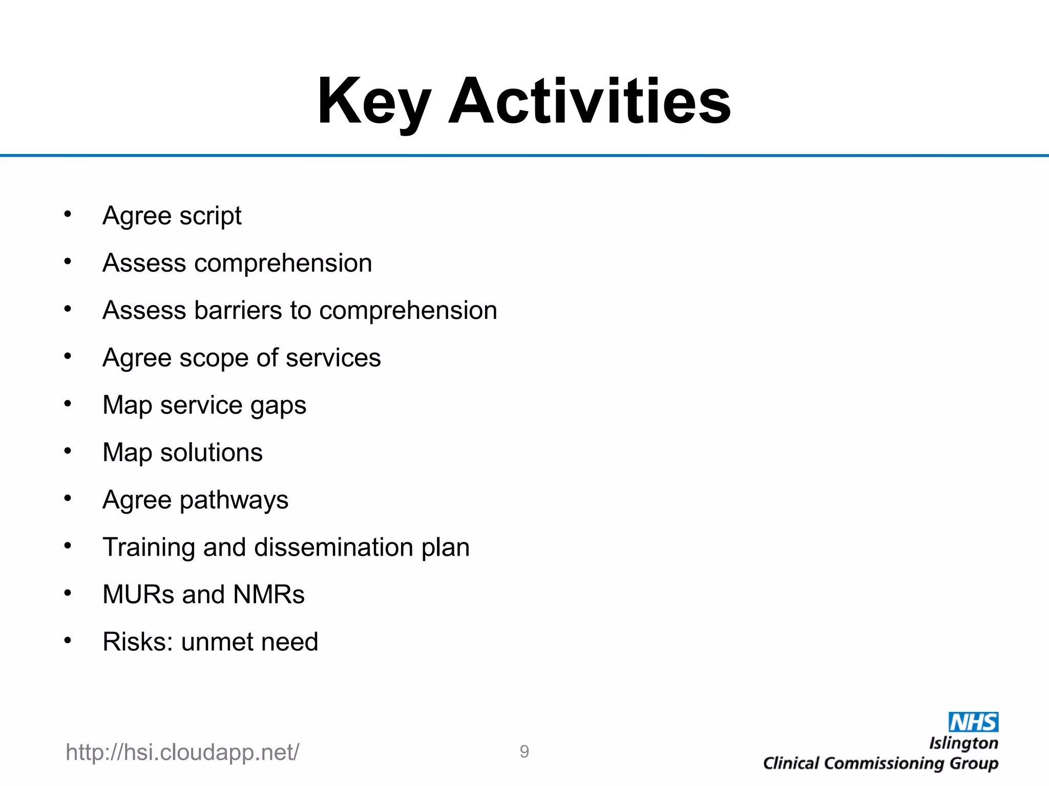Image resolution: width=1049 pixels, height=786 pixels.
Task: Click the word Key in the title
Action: (373, 101)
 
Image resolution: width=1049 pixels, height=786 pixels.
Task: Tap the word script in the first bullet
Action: (211, 216)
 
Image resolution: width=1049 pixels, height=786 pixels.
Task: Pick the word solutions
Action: (211, 452)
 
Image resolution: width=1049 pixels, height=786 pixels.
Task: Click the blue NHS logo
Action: (973, 722)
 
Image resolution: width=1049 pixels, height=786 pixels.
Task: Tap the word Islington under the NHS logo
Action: (963, 743)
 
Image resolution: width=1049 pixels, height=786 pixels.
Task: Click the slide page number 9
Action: (524, 751)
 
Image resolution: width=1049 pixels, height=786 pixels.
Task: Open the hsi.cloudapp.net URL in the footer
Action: (182, 752)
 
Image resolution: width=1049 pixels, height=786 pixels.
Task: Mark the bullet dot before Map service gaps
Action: (68, 404)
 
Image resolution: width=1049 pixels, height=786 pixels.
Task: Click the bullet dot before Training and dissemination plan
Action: (68, 546)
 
